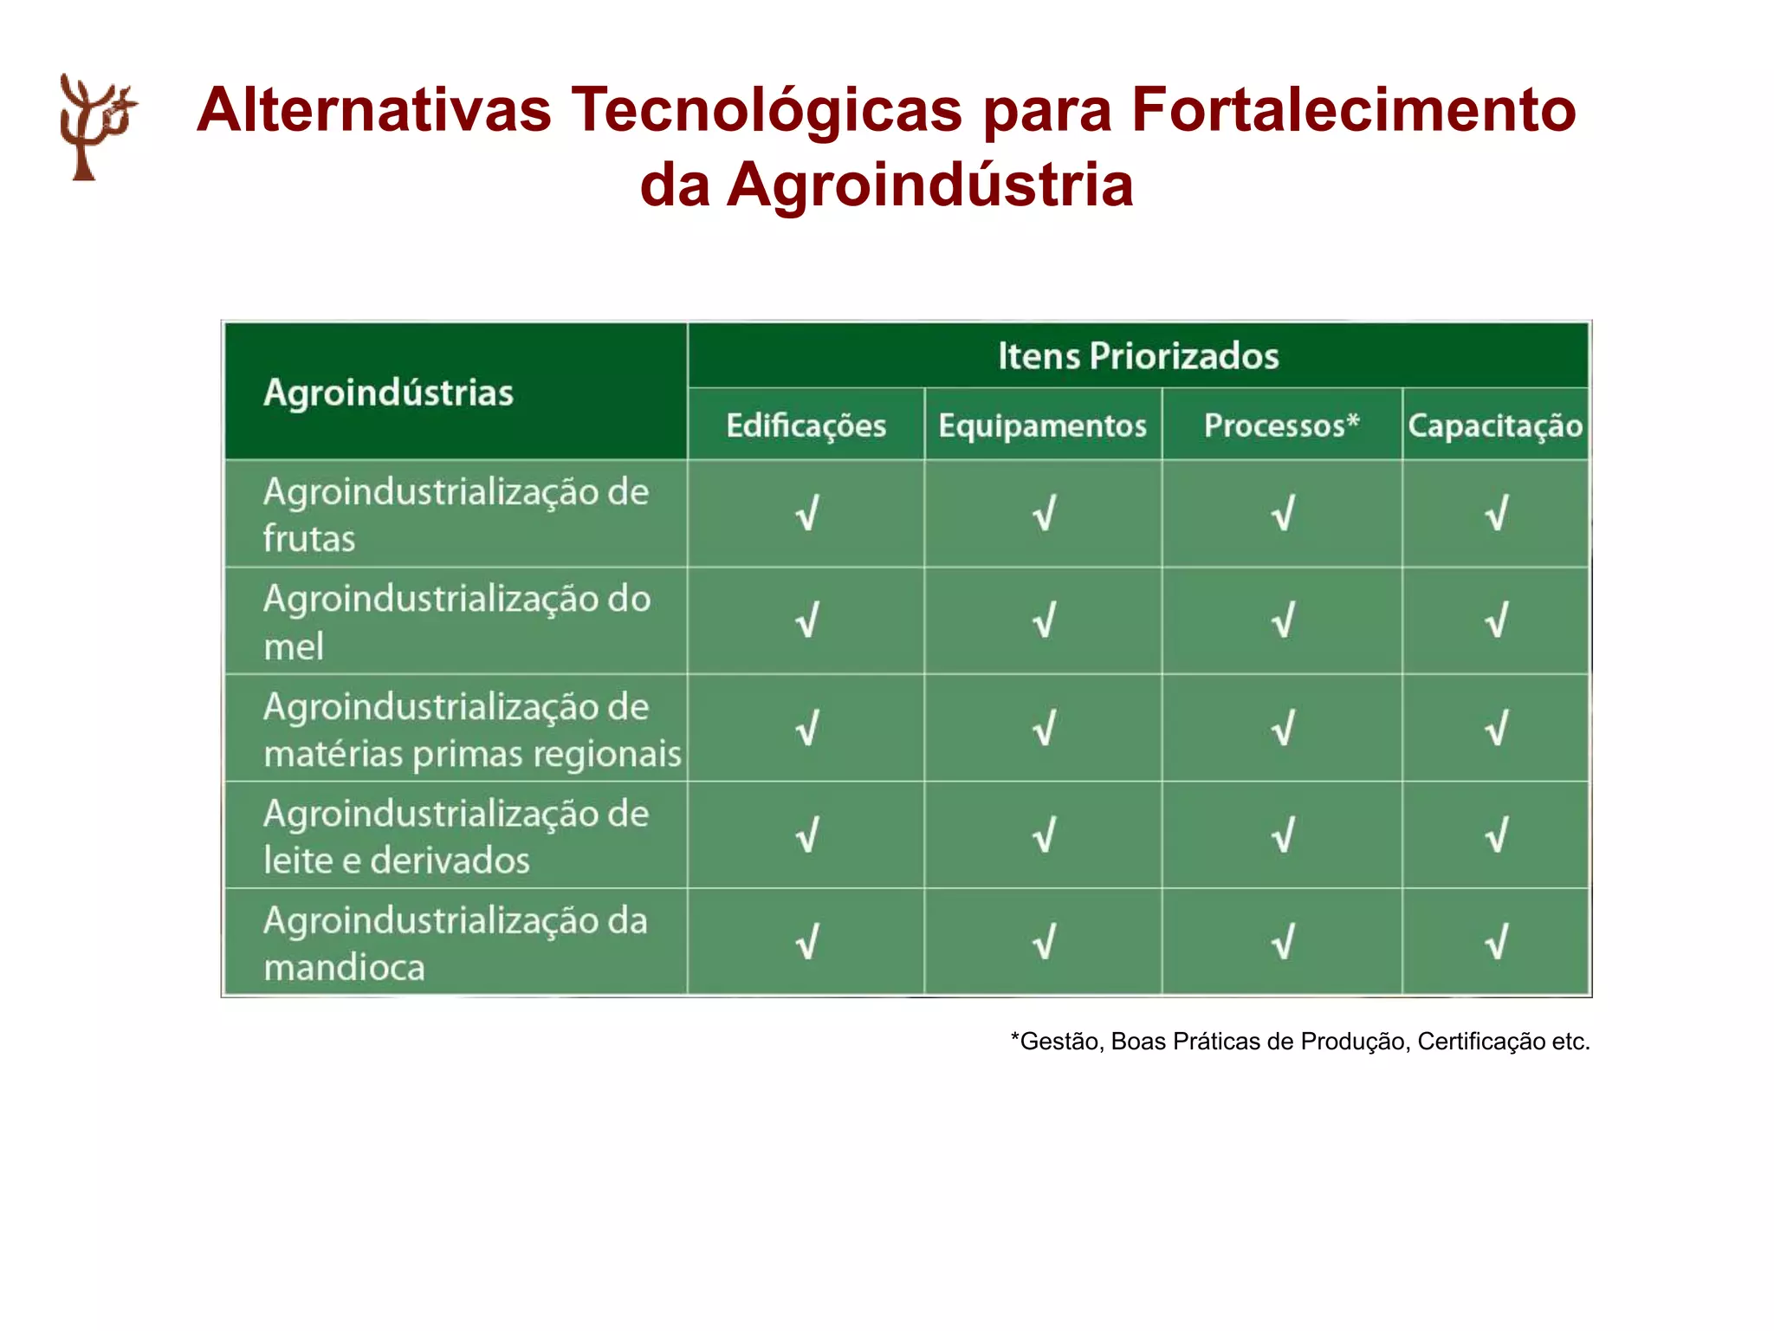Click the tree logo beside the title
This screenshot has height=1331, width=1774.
tap(95, 127)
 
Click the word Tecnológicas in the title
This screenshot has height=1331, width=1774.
tap(766, 110)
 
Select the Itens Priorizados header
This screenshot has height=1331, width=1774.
tap(1137, 356)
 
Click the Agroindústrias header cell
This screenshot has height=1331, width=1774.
tap(388, 393)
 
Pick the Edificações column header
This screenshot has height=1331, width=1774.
tap(806, 425)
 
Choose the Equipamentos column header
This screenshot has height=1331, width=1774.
tap(1042, 425)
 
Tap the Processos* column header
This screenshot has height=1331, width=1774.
tap(1281, 425)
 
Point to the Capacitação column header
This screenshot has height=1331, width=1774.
tap(1495, 425)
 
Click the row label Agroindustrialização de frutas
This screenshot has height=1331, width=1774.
tap(456, 515)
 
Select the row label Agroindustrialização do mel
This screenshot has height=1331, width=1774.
tap(456, 622)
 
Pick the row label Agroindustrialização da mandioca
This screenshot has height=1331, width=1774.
tap(455, 943)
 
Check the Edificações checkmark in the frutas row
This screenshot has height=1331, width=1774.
tap(806, 513)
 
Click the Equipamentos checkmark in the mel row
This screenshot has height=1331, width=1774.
tap(1044, 620)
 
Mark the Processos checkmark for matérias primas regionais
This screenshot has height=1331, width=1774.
tap(1282, 728)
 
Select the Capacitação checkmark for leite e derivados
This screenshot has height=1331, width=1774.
tap(1496, 835)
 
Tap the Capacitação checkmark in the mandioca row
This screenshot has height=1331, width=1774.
tap(1496, 942)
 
